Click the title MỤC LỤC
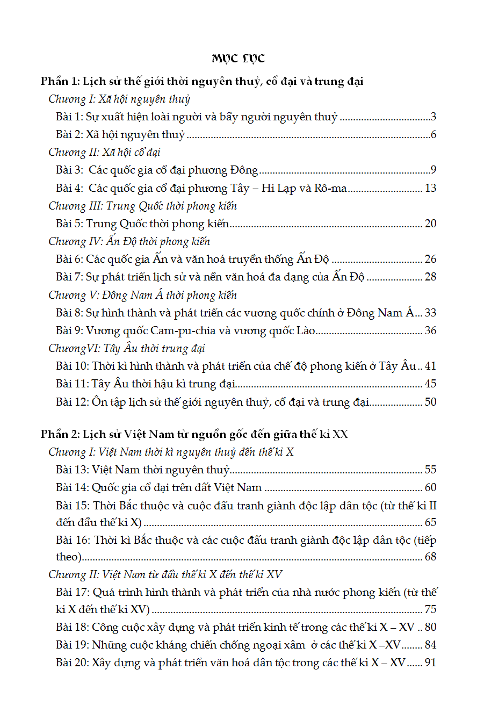[238, 59]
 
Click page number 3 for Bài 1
[433, 117]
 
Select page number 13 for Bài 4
[430, 188]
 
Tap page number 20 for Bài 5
[430, 224]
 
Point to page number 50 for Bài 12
[430, 401]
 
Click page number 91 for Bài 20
[430, 663]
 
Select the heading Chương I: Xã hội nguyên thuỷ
[119, 99]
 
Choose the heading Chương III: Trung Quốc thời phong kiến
[142, 206]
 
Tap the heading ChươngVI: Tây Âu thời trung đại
[126, 348]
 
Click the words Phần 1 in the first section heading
[59, 82]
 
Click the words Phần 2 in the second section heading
[59, 434]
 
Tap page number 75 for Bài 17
[430, 609]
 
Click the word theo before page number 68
[67, 556]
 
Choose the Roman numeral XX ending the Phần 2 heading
[340, 434]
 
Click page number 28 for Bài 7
[430, 277]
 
